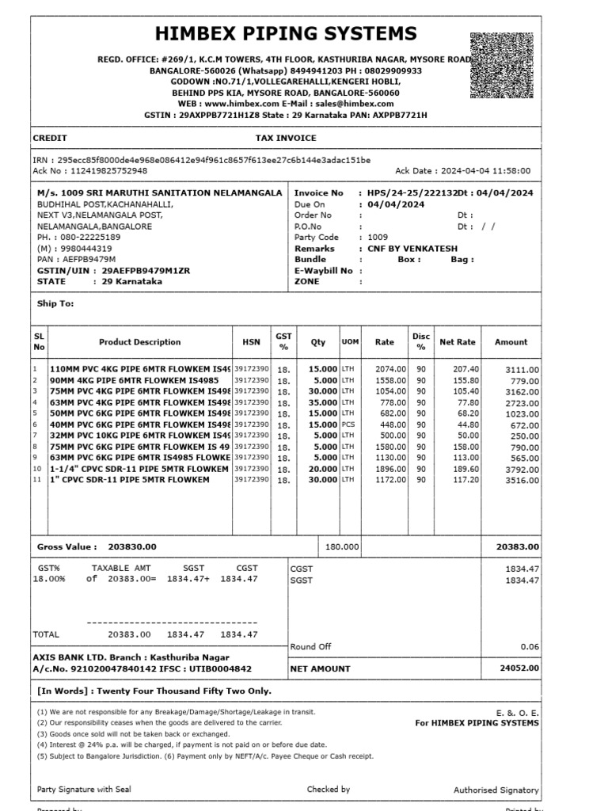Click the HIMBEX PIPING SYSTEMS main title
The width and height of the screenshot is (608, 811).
coord(286,34)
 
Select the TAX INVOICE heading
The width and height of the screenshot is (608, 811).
coord(286,138)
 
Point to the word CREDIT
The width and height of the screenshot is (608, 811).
coord(50,138)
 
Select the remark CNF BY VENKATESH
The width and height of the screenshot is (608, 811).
coord(418,248)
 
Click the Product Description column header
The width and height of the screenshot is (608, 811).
coord(139,342)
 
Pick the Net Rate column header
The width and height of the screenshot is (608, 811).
coord(458,342)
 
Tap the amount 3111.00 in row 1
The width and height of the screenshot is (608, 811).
coord(522,370)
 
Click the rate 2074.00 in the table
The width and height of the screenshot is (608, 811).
coord(390,369)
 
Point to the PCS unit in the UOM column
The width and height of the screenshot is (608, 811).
coord(349,425)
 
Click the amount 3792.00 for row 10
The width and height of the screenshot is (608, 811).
coord(522,469)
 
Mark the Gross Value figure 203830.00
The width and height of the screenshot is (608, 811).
coord(132,546)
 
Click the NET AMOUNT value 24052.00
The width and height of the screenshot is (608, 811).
coord(519,668)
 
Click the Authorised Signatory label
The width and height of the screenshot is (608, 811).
coord(496,790)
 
